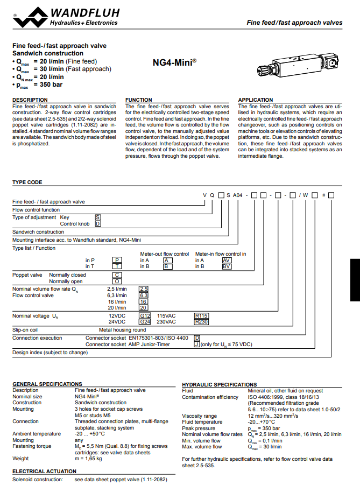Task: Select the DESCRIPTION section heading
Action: coord(30,100)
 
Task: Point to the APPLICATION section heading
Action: coord(256,100)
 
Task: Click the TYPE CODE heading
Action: coord(27,182)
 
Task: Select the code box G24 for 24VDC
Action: coord(145,322)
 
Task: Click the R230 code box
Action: coord(201,322)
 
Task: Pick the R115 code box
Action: coord(201,315)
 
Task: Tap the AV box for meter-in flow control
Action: coord(227,259)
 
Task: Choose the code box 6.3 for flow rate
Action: coord(144,296)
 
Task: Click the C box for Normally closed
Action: coord(117,275)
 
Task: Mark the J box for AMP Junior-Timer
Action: coord(197,345)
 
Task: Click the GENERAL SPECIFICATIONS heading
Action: coord(47,384)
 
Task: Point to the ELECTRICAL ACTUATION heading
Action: coord(44,471)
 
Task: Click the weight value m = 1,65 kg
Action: coord(88,458)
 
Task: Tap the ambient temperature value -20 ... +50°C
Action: coord(90,433)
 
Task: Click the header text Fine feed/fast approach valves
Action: coord(294,23)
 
